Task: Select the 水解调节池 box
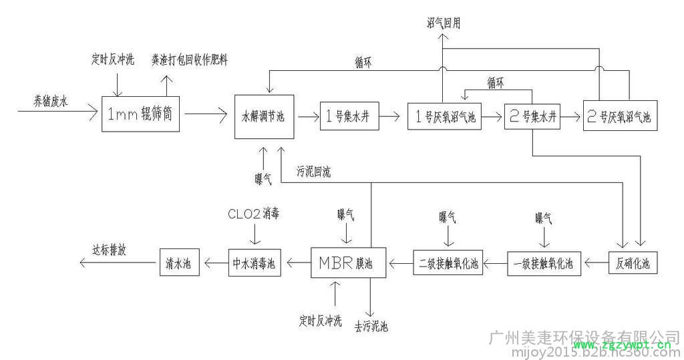click(x=263, y=117)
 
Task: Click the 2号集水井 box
click(x=532, y=117)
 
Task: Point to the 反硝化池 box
click(x=633, y=262)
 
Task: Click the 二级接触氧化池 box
click(x=448, y=262)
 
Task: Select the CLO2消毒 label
click(x=252, y=215)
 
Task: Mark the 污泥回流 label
click(x=313, y=172)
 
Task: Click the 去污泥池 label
click(x=371, y=327)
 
